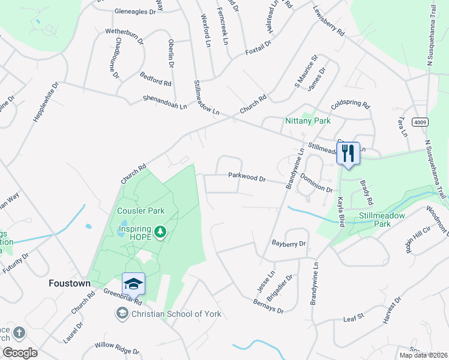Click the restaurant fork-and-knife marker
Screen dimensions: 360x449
click(348, 154)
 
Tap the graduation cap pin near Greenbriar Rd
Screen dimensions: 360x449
click(133, 284)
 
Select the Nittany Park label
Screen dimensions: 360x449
click(308, 121)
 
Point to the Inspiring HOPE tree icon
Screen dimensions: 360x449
click(160, 232)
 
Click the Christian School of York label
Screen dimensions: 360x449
click(176, 314)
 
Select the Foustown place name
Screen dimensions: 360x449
click(69, 283)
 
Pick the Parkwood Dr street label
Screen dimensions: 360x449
click(246, 176)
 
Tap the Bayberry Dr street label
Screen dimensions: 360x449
click(289, 244)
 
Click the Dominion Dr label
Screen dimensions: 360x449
click(316, 183)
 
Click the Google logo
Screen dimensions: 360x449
click(19, 353)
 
